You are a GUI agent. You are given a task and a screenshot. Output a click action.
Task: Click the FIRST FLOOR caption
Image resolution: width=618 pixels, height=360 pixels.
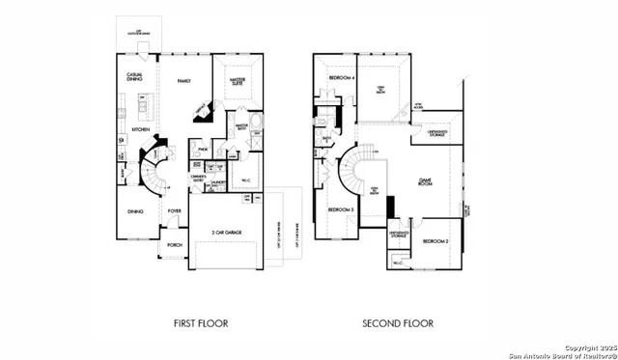[201, 323]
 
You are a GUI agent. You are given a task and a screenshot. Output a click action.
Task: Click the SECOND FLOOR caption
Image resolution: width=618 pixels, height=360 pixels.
[398, 323]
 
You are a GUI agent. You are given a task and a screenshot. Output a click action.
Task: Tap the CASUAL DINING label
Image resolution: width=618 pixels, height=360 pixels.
[135, 76]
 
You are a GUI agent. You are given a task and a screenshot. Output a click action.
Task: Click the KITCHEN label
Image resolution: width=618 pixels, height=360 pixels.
[140, 128]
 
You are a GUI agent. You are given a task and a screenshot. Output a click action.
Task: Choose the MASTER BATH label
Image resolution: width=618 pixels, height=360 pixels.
[242, 125]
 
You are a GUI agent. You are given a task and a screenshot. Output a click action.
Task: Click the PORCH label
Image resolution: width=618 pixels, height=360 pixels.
[175, 245]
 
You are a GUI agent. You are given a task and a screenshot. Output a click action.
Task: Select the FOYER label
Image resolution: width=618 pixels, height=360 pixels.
[174, 209]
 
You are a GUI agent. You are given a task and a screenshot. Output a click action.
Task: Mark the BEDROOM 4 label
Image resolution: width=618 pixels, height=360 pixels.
[339, 77]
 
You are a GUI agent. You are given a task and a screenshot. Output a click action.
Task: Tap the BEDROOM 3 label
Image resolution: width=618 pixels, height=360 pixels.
[339, 209]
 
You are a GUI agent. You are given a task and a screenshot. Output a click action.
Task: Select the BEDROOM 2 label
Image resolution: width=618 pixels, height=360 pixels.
[435, 239]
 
